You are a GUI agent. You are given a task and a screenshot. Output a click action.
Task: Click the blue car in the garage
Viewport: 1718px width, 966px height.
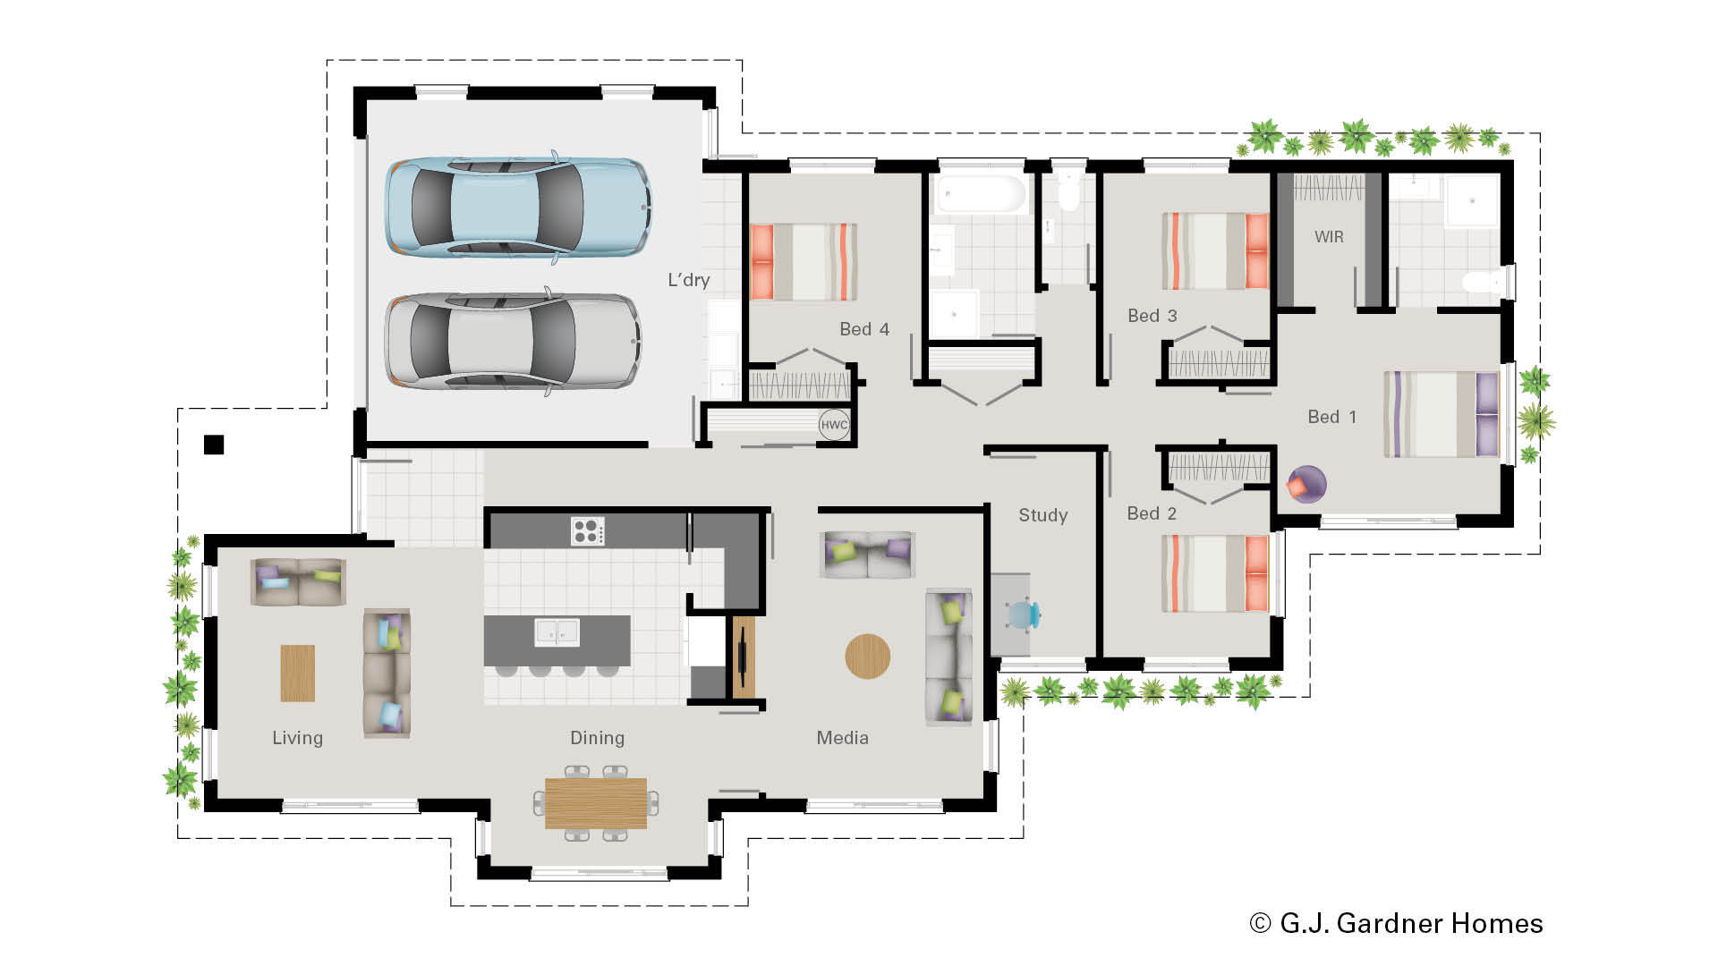(x=517, y=208)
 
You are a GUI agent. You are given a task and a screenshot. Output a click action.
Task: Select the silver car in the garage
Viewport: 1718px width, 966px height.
(x=513, y=342)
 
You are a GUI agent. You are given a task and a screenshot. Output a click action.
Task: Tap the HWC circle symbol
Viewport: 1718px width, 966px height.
(x=834, y=425)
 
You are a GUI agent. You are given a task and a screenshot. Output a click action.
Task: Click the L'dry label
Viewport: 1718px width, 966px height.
(x=688, y=280)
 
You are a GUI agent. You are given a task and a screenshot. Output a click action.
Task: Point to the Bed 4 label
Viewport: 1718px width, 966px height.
(x=863, y=329)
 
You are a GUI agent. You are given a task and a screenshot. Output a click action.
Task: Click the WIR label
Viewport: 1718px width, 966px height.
(x=1329, y=237)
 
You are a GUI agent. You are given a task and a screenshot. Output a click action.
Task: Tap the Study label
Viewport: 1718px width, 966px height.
(x=1042, y=515)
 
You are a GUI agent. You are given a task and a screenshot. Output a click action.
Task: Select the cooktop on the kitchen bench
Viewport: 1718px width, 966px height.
(x=588, y=531)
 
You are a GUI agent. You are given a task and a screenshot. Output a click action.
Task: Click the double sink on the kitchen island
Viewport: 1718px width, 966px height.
(x=557, y=632)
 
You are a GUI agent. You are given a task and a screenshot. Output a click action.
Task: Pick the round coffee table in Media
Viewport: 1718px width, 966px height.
(x=867, y=657)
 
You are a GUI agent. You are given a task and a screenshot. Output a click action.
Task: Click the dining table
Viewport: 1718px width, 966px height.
(x=596, y=802)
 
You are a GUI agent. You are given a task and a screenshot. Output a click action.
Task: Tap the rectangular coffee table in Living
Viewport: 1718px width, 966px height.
(x=298, y=673)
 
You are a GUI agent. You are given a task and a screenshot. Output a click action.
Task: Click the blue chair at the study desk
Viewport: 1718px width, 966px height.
(x=1022, y=614)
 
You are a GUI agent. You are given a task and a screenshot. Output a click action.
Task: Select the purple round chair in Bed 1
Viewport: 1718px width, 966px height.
(x=1306, y=484)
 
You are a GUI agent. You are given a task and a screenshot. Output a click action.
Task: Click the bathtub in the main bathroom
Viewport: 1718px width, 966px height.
(x=980, y=194)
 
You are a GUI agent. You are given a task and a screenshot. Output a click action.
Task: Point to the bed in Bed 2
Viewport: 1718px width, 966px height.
(x=1214, y=573)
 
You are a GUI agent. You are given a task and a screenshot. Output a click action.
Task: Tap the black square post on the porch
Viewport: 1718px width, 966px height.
(x=213, y=445)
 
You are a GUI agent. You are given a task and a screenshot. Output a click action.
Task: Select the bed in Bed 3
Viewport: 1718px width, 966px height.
(x=1214, y=250)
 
